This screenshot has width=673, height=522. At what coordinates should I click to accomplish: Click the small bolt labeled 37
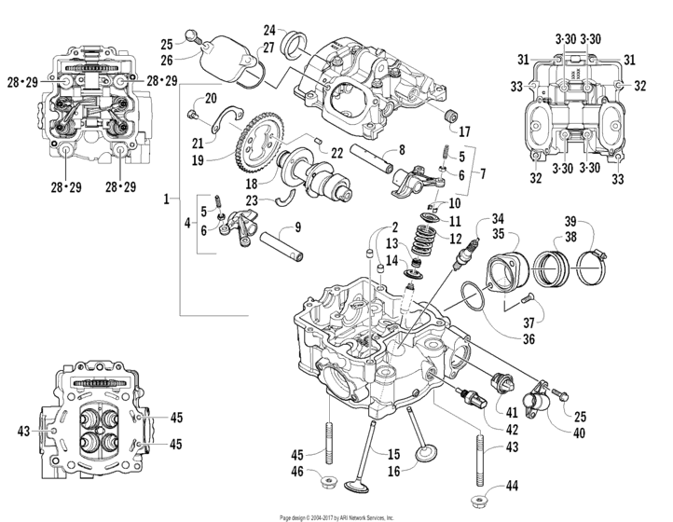tap(523, 300)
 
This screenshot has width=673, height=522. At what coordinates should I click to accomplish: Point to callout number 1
tap(166, 199)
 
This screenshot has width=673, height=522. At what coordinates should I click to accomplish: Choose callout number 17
tap(463, 130)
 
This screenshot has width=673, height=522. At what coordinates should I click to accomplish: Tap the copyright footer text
tap(336, 516)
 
